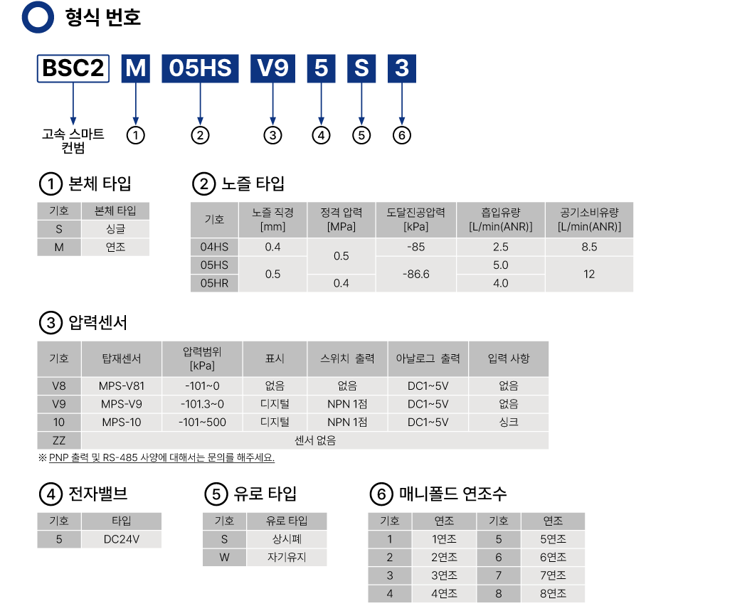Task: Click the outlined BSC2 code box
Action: [x=73, y=68]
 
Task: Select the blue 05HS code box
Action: [x=200, y=68]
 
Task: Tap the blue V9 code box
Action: [x=272, y=68]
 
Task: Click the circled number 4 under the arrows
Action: [x=322, y=135]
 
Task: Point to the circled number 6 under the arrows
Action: [x=402, y=135]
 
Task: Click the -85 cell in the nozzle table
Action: [x=416, y=248]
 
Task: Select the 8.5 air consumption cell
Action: [x=589, y=248]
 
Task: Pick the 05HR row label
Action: [x=214, y=283]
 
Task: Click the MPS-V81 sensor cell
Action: [x=122, y=386]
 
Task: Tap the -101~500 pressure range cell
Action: [x=202, y=422]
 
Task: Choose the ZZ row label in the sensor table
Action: [x=59, y=440]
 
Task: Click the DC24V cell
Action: [x=122, y=539]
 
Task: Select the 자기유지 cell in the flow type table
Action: [x=287, y=557]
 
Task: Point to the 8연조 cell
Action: [x=553, y=593]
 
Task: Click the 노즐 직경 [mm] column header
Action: [x=272, y=219]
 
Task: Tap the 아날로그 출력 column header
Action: [x=428, y=358]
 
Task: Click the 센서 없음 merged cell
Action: [x=315, y=440]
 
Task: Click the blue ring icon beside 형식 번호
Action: [x=38, y=17]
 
